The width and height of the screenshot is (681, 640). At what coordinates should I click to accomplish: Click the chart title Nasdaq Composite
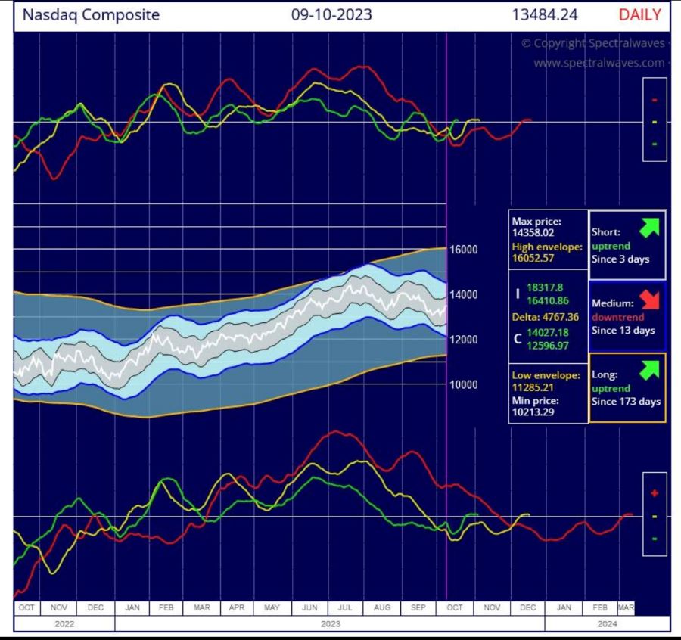point(91,14)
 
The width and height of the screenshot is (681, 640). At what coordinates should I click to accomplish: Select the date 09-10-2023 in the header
point(331,14)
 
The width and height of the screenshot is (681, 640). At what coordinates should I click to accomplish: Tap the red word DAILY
point(639,14)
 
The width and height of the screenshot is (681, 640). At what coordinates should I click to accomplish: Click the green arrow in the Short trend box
point(648,226)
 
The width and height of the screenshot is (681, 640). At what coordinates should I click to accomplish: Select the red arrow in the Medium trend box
point(648,298)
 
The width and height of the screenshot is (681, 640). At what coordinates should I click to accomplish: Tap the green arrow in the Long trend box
point(648,370)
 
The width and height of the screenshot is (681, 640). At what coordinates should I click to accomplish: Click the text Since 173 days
point(626,402)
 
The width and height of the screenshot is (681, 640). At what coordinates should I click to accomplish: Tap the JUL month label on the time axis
point(344,607)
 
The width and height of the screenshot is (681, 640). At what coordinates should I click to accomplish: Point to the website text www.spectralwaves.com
point(600,63)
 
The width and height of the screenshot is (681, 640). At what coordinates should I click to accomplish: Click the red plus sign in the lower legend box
point(655,493)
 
